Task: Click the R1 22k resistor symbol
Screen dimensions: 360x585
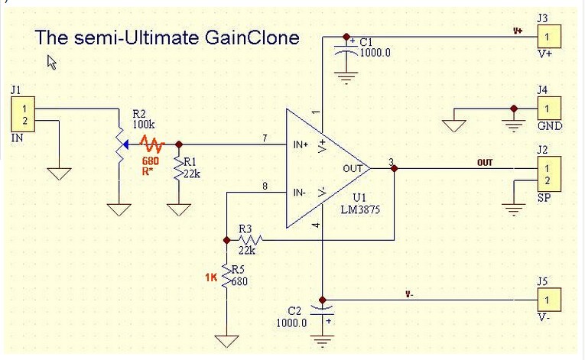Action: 179,168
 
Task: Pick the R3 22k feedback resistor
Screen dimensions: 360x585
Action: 246,241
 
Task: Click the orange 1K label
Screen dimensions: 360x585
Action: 211,278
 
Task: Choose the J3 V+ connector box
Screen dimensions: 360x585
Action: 548,35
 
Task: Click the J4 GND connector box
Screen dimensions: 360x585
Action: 548,108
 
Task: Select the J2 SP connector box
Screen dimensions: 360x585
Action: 548,174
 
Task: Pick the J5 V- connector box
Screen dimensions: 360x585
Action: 548,299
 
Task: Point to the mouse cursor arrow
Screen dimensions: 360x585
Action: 53,63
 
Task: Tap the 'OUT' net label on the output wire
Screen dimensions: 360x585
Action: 485,163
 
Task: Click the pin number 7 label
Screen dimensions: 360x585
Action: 265,138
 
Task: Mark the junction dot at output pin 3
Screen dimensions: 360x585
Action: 394,168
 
